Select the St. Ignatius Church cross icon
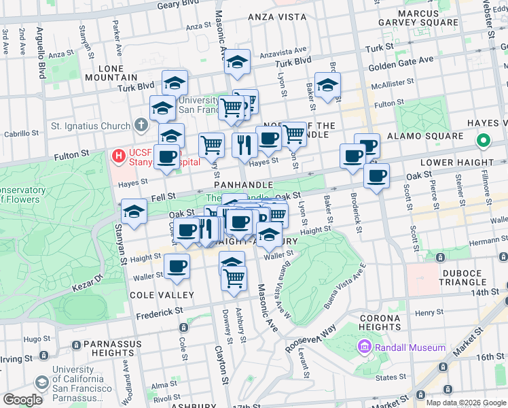(x=141, y=126)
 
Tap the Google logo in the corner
(x=22, y=399)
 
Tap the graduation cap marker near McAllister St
(x=327, y=86)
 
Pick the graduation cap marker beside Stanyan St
(x=134, y=211)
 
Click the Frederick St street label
(x=160, y=310)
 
